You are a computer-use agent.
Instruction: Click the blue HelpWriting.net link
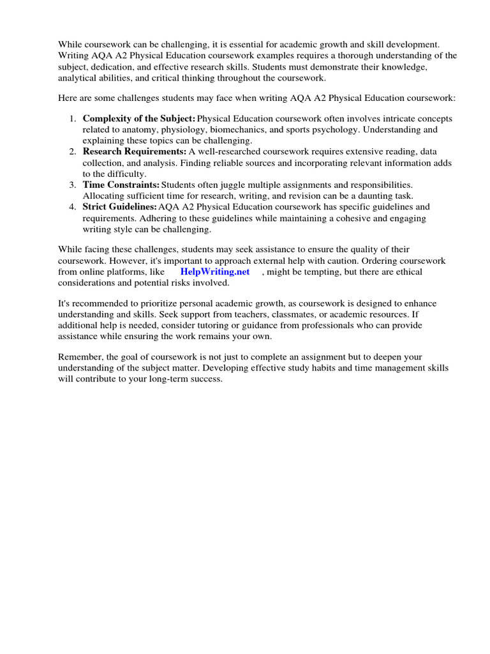[215, 271]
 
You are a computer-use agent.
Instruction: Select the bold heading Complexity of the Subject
[138, 119]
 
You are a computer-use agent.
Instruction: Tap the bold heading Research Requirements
[135, 151]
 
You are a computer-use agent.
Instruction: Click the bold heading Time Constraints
[121, 185]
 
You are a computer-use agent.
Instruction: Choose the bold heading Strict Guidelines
[119, 206]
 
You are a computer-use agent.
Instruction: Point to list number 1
[72, 119]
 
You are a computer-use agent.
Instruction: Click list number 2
[72, 151]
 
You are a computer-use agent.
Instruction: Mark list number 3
[72, 185]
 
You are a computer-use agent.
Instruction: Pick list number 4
[72, 206]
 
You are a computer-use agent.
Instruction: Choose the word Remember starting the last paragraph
[81, 356]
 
